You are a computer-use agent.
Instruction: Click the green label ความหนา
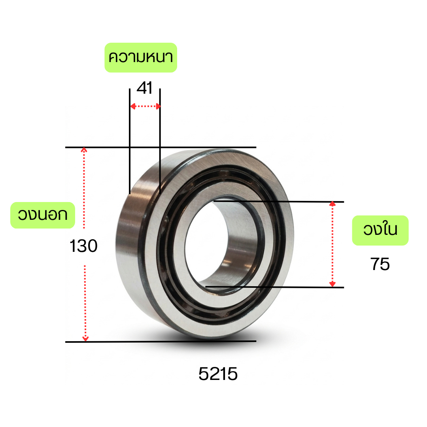[x=141, y=57]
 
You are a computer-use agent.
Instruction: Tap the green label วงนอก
[x=43, y=215]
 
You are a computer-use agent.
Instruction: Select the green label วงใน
[x=380, y=231]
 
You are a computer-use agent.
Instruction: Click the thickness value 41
[x=145, y=88]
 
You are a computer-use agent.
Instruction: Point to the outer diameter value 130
[x=83, y=246]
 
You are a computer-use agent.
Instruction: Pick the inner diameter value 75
[x=380, y=264]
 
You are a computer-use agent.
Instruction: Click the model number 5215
[x=218, y=374]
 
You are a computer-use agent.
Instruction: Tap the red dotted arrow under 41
[x=145, y=106]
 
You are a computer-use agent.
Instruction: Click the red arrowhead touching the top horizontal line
[x=84, y=150]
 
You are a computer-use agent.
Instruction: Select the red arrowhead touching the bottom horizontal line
[x=85, y=339]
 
